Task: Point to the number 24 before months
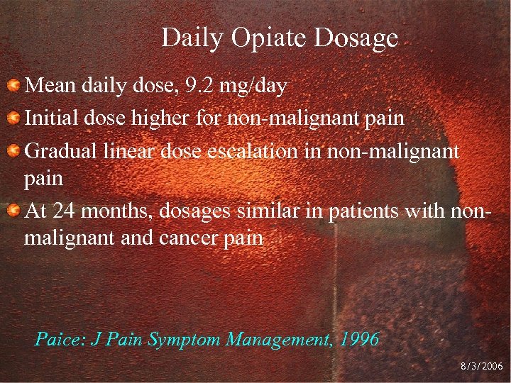point(63,209)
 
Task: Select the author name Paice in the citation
point(59,338)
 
